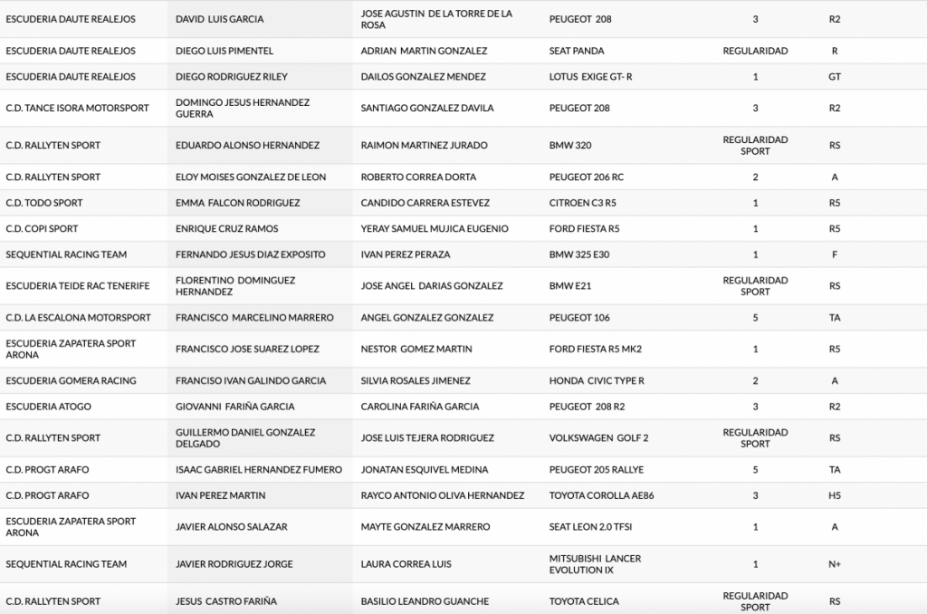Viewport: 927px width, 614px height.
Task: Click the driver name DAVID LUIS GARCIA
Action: click(219, 19)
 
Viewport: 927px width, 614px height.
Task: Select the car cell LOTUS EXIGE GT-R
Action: click(590, 77)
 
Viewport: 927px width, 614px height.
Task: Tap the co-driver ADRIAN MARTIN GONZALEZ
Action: click(424, 51)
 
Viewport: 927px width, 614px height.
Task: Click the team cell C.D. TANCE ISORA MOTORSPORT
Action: click(77, 108)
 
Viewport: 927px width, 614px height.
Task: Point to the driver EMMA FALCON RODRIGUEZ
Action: click(237, 203)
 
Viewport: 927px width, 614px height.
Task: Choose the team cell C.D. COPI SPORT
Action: click(42, 228)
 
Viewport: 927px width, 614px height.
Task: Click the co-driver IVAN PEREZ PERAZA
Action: click(405, 254)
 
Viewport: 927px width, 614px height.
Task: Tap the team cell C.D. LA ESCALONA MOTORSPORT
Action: click(78, 318)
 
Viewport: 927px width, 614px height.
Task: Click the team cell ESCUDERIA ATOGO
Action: click(48, 407)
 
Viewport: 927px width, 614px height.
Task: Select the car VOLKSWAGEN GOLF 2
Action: click(598, 437)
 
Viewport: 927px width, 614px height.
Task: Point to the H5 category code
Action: click(835, 495)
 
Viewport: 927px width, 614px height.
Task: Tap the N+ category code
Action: click(835, 564)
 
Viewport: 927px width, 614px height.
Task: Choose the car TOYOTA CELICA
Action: click(585, 601)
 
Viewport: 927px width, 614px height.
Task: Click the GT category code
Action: click(835, 77)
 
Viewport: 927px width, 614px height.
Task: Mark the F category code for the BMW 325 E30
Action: click(835, 254)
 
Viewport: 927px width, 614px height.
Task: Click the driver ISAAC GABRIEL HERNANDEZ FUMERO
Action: click(259, 470)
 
